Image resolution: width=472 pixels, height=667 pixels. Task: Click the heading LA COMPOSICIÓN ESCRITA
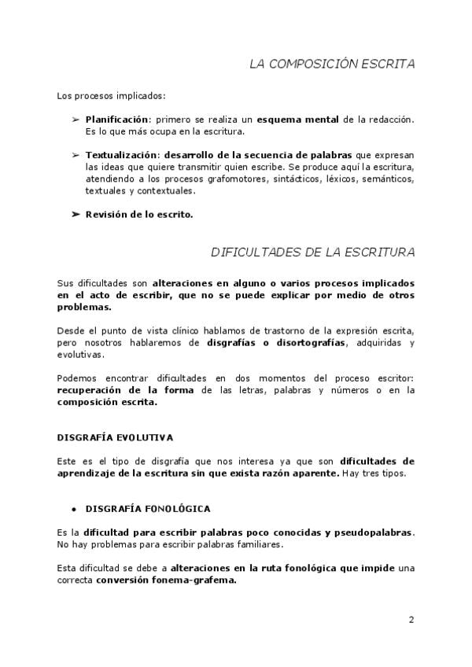(x=332, y=64)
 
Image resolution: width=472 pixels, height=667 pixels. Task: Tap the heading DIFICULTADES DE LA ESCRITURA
(x=313, y=252)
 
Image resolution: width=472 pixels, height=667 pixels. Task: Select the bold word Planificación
(x=117, y=119)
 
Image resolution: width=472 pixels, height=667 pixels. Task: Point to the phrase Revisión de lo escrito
(x=139, y=213)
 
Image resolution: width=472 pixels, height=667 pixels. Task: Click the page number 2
(x=411, y=620)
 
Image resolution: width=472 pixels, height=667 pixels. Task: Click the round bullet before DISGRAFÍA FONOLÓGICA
(x=72, y=508)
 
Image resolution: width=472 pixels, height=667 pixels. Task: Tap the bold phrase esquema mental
(x=298, y=119)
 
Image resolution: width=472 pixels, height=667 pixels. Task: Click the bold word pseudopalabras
(x=373, y=532)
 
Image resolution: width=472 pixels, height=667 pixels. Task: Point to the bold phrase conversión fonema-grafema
(x=166, y=581)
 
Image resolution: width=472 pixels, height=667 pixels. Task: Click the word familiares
(x=255, y=544)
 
